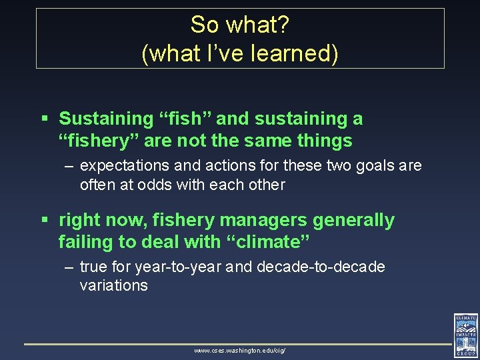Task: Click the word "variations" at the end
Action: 113,285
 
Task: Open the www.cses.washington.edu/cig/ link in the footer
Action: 239,350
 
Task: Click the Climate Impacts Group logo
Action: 465,335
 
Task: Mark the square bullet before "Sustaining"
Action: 45,119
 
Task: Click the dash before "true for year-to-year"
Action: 69,267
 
